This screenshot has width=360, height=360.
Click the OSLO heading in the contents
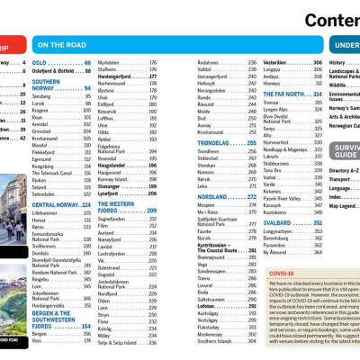tap(40, 63)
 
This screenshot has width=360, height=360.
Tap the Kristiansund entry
tap(212, 131)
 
